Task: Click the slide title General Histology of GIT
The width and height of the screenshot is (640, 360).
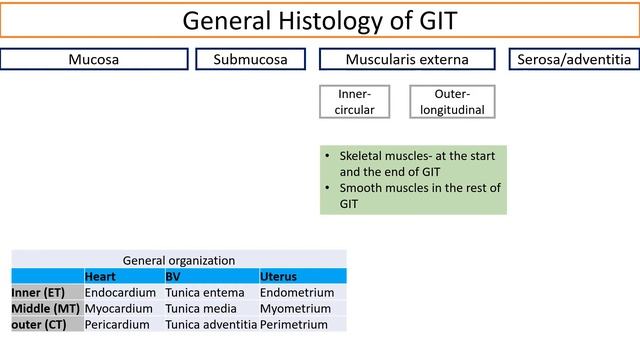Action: coord(320,20)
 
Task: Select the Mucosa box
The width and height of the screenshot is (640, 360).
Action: coord(93,59)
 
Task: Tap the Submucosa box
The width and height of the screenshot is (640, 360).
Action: coord(257,59)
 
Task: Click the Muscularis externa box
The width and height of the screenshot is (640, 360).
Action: coord(406,59)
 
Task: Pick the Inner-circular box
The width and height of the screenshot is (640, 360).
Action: coord(356,101)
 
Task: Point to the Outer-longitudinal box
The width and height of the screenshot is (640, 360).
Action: coord(452,101)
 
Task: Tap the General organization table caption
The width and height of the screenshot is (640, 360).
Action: coord(179,259)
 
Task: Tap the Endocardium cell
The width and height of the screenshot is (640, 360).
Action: coord(120,292)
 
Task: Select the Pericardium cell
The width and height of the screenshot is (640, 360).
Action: coord(117,324)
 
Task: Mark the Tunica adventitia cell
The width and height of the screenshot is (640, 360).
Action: coord(211,324)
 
